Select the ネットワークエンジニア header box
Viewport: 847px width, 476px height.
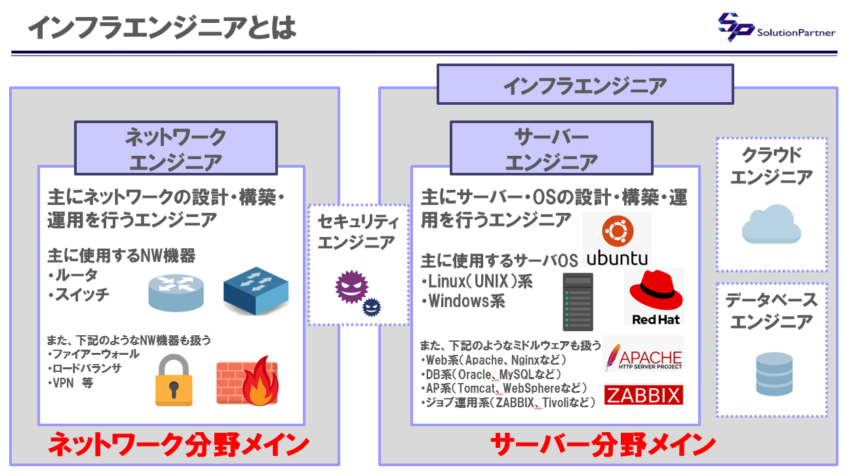coord(175,149)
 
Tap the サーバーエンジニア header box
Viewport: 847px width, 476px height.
coord(551,149)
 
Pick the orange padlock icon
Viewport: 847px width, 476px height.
coord(174,381)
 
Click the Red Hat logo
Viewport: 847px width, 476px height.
coord(656,297)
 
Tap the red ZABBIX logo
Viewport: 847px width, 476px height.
coord(643,394)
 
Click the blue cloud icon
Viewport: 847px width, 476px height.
coord(771,225)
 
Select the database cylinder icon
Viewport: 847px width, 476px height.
coord(771,372)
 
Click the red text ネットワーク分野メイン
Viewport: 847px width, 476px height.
coord(179,445)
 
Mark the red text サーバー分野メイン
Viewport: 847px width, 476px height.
coord(602,445)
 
